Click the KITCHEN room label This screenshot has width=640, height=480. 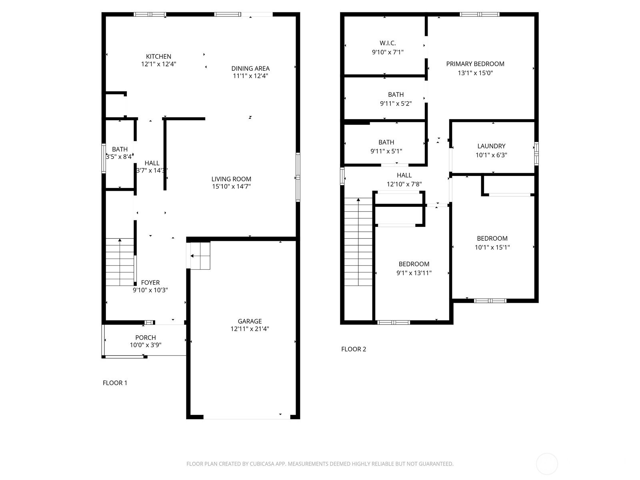[158, 56]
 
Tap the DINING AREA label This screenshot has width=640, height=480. [250, 68]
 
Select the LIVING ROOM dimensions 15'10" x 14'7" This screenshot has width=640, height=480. [231, 186]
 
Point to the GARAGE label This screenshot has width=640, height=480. [250, 321]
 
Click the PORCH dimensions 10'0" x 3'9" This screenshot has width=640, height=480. [146, 345]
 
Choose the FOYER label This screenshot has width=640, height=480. [150, 282]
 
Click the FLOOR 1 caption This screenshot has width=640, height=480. [115, 383]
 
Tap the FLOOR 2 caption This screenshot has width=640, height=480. [353, 349]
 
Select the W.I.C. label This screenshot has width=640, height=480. [388, 43]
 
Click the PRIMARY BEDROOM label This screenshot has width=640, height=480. [475, 64]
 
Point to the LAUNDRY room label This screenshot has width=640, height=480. [491, 146]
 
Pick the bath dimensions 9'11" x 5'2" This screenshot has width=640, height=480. [396, 104]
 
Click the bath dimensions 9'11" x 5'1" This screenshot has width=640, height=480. [386, 151]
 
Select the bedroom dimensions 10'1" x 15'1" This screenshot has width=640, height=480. [492, 248]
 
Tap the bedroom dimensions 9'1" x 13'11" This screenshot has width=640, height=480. [414, 273]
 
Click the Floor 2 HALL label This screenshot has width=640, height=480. [404, 176]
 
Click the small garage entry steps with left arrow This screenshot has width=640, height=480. [200, 256]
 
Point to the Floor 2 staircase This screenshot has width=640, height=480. [358, 242]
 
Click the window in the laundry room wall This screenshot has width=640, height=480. [536, 154]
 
